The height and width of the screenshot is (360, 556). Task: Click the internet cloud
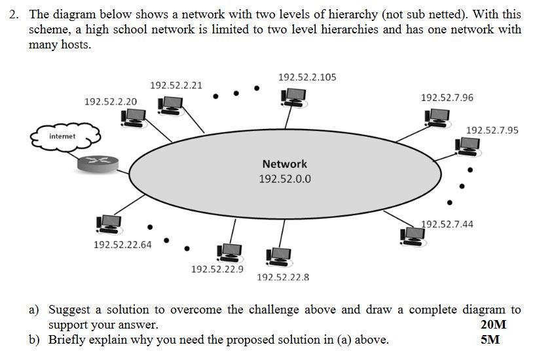[x=65, y=136]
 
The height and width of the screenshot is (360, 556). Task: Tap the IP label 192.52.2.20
[x=111, y=101]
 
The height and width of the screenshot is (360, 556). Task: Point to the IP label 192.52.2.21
[x=176, y=85]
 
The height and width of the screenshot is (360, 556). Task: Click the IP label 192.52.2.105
[x=307, y=77]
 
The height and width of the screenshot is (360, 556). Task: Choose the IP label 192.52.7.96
[x=447, y=98]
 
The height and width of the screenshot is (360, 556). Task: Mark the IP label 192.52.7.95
[x=492, y=130]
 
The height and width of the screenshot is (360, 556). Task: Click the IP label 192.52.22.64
[x=122, y=245]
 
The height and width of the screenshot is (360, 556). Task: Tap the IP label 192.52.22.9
[x=217, y=269]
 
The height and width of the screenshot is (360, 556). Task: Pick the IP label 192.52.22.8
[x=283, y=278]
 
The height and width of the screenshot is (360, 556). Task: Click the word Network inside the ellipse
[x=284, y=164]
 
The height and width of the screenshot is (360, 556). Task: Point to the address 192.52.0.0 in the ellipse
[x=285, y=179]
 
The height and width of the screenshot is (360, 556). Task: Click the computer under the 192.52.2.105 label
[x=293, y=98]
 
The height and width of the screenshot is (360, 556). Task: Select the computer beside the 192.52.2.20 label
[x=134, y=117]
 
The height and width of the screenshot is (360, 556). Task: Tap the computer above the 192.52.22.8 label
[x=278, y=256]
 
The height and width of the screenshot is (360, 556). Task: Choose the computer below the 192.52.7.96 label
[x=437, y=118]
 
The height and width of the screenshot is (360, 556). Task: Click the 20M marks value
[x=493, y=325]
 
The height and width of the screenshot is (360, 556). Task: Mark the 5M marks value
[x=490, y=340]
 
